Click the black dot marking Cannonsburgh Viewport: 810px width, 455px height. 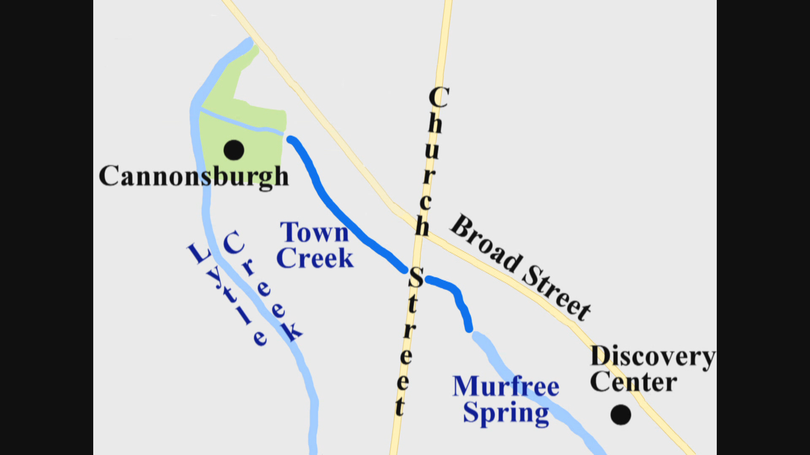click(234, 150)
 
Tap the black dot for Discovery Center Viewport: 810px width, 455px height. click(621, 415)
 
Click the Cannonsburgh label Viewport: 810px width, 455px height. click(194, 177)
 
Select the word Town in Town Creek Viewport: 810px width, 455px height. click(314, 233)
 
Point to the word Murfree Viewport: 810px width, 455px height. click(505, 386)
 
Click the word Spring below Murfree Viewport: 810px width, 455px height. click(506, 413)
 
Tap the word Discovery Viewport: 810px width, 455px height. click(652, 356)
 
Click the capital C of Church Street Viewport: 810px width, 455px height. click(438, 97)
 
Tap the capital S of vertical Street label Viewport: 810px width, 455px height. click(416, 278)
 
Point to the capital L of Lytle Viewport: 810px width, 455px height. click(197, 254)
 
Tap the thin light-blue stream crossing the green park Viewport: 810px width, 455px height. click(240, 122)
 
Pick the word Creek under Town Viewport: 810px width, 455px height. click(315, 258)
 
